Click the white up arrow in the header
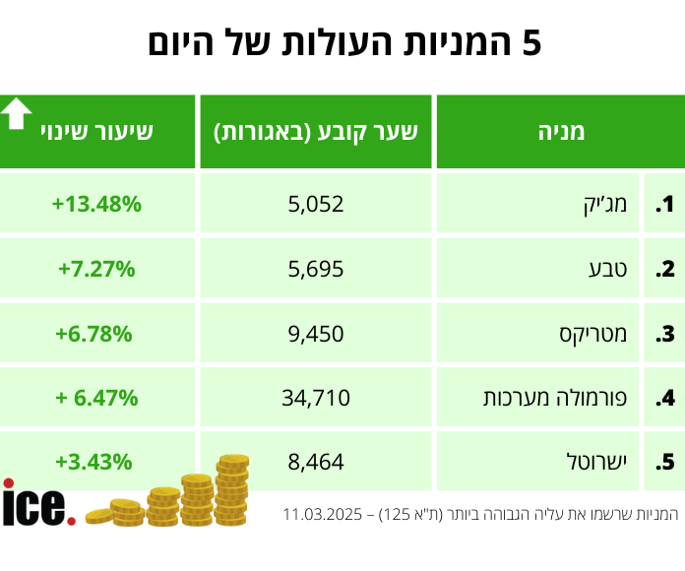tap(16, 114)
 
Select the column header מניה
tap(562, 131)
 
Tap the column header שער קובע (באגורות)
tap(316, 131)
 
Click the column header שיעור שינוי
tap(96, 131)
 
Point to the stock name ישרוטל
tap(599, 462)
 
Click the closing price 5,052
tap(316, 205)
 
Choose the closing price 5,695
tap(316, 269)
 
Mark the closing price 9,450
tap(316, 334)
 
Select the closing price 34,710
tap(316, 399)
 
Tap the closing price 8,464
tap(316, 462)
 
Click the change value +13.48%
tap(96, 205)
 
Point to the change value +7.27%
tap(96, 269)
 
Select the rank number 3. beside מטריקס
tap(666, 334)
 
